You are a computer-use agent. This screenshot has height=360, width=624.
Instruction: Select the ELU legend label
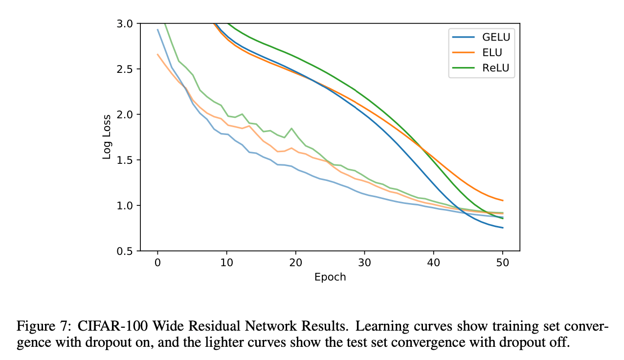click(x=491, y=52)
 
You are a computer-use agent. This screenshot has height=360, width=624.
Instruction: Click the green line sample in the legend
click(x=463, y=68)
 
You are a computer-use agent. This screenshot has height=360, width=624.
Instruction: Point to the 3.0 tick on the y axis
click(x=127, y=23)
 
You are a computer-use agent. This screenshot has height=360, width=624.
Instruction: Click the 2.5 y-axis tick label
click(x=127, y=69)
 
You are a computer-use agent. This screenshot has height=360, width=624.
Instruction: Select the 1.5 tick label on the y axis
click(x=127, y=160)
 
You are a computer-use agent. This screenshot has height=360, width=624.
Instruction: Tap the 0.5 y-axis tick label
click(x=127, y=251)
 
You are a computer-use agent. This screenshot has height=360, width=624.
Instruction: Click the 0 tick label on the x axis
click(x=157, y=262)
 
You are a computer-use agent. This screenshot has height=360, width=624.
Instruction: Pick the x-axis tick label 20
click(x=295, y=262)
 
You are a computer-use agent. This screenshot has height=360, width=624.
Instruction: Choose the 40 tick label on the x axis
click(x=433, y=262)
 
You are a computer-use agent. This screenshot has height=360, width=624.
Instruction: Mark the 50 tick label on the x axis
click(x=502, y=262)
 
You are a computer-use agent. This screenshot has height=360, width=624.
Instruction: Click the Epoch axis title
click(x=330, y=277)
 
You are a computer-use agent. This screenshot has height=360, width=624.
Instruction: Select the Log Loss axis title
click(x=106, y=137)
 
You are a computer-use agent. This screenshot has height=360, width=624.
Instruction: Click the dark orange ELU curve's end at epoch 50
click(x=502, y=201)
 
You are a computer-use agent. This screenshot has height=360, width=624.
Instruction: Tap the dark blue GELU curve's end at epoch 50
click(x=502, y=228)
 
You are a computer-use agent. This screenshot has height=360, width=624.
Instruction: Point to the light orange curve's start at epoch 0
click(x=157, y=54)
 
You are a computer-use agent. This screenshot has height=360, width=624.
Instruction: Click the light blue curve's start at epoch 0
click(x=157, y=29)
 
